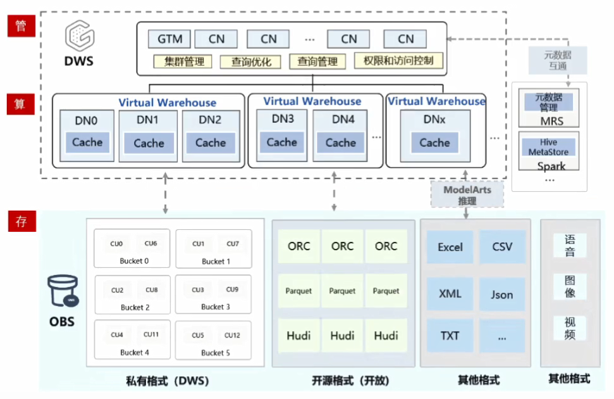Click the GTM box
click(169, 39)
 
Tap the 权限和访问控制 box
click(398, 61)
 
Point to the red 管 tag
click(20, 27)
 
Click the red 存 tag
click(20, 221)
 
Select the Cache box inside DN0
click(87, 142)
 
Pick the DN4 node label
click(340, 118)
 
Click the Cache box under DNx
click(434, 142)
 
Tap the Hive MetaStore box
click(550, 148)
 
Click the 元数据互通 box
click(558, 60)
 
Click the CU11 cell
click(151, 335)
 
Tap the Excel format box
click(450, 248)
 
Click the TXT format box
click(450, 336)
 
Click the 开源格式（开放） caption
click(342, 381)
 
